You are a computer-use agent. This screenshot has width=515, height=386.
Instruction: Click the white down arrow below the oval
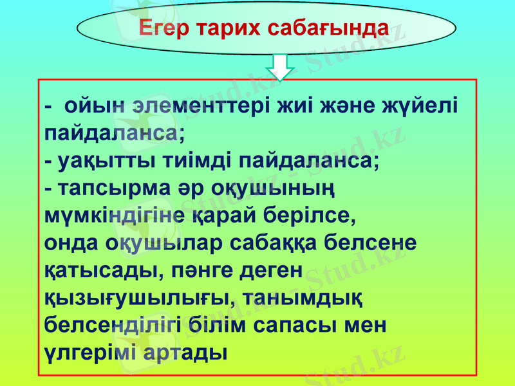coord(279,66)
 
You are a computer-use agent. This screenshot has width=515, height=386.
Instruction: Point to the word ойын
coord(94,105)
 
